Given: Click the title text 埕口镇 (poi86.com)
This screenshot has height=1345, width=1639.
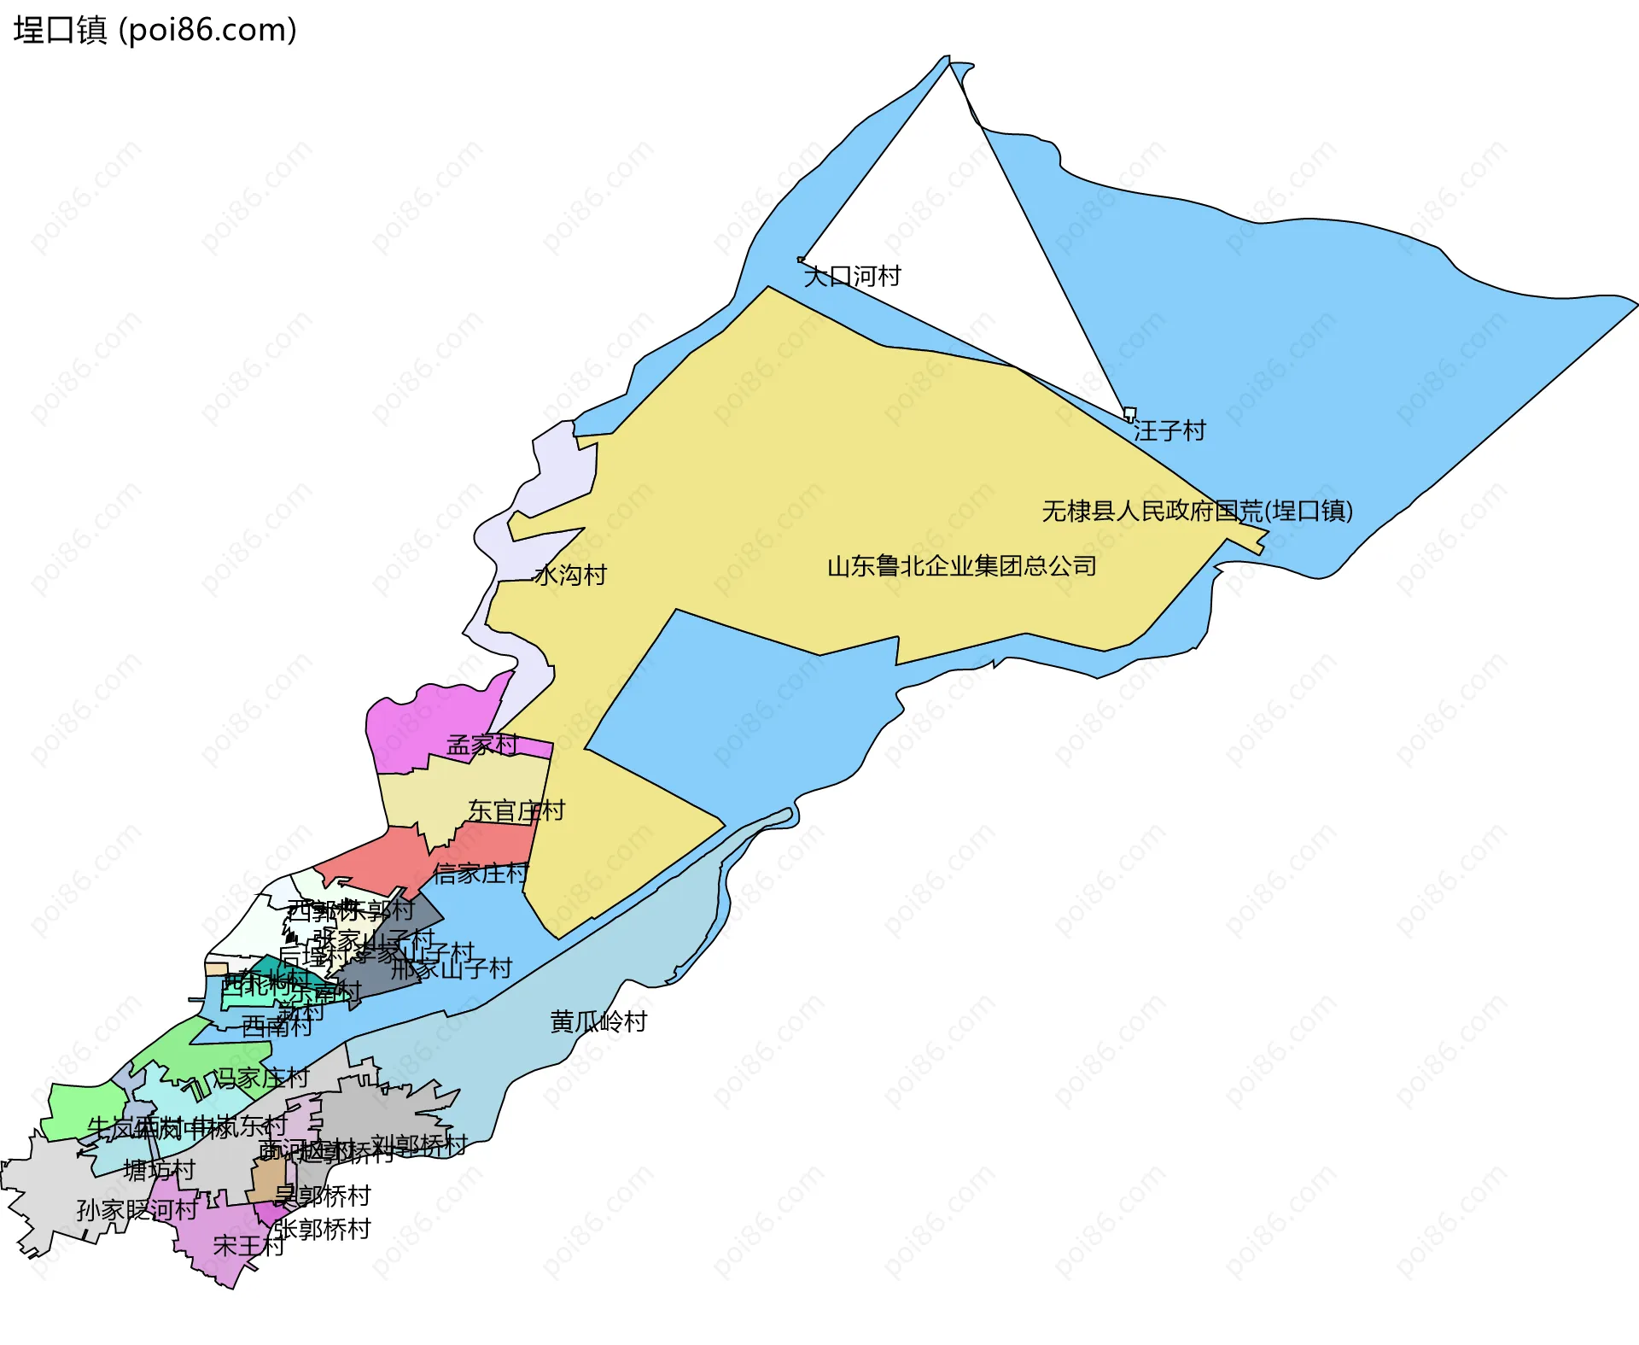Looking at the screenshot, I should click(x=155, y=30).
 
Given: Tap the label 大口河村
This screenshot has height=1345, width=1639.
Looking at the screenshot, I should click(x=852, y=276).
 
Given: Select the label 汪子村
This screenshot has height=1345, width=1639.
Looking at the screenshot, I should click(x=1169, y=430).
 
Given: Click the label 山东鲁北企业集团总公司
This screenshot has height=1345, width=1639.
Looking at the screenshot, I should click(x=961, y=566).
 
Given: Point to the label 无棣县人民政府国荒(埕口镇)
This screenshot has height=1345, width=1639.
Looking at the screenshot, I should click(x=1197, y=511).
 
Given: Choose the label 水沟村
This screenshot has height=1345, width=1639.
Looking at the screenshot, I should click(x=570, y=575).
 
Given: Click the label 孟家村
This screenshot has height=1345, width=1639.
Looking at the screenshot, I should click(x=482, y=745).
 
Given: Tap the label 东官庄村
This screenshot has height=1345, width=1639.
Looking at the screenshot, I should click(x=516, y=810).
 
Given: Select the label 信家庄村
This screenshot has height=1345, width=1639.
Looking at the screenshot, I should click(x=480, y=873).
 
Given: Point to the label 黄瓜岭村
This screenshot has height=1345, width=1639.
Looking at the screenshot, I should click(x=598, y=1021).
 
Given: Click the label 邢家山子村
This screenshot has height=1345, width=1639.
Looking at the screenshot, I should click(x=451, y=968).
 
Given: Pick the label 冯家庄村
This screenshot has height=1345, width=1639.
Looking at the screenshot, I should click(x=260, y=1078).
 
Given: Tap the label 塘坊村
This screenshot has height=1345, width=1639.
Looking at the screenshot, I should click(x=160, y=1170).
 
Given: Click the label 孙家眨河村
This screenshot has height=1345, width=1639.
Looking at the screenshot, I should click(x=137, y=1209).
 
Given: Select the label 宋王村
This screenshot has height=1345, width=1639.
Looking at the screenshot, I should click(x=248, y=1246).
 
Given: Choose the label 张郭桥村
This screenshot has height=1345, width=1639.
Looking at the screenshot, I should click(x=322, y=1229).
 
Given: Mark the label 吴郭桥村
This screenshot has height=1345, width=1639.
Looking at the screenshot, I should click(x=322, y=1196).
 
